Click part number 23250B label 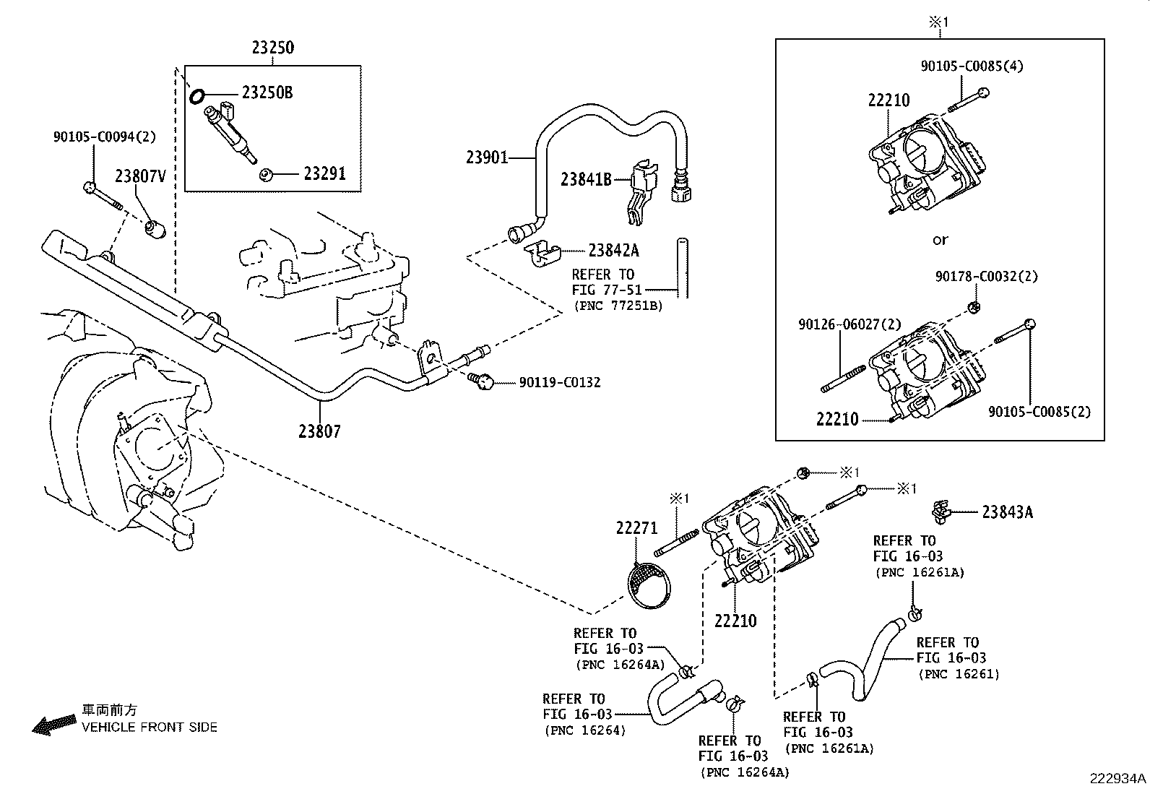pyautogui.click(x=267, y=92)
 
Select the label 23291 pyautogui.click(x=324, y=173)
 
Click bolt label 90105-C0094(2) pyautogui.click(x=104, y=136)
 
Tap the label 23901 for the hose pyautogui.click(x=488, y=157)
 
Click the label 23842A pyautogui.click(x=613, y=250)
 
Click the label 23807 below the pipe pyautogui.click(x=319, y=431)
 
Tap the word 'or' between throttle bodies pyautogui.click(x=940, y=240)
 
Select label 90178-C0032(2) pyautogui.click(x=987, y=276)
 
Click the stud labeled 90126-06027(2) pyautogui.click(x=844, y=379)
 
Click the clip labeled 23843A pyautogui.click(x=940, y=512)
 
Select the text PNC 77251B pyautogui.click(x=618, y=306)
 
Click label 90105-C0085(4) pyautogui.click(x=972, y=66)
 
